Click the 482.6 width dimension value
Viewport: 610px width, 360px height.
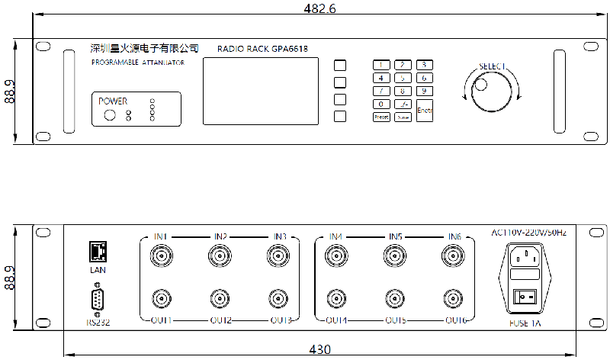321,8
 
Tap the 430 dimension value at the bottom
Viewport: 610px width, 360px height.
320,350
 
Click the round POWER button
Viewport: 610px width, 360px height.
110,115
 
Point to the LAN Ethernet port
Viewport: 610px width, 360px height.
97,250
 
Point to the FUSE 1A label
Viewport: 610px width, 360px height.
525,324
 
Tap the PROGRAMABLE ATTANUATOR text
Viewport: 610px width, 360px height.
137,63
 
